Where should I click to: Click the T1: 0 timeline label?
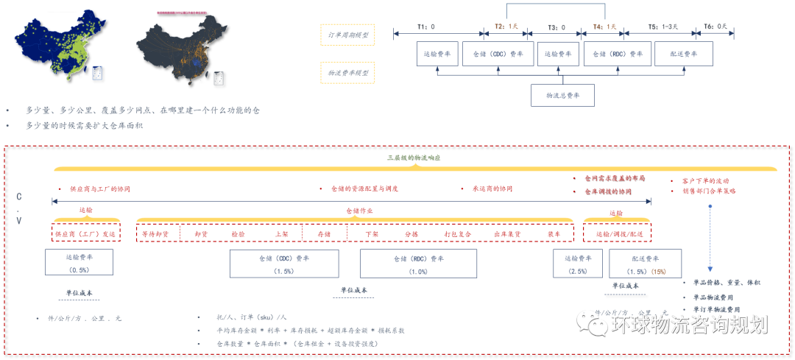(426, 27)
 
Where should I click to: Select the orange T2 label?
(506, 27)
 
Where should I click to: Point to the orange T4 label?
(604, 27)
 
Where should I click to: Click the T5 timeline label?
(660, 27)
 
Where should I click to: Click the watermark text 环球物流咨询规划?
(689, 324)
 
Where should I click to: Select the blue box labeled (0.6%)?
(79, 263)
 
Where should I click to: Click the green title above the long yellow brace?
(414, 158)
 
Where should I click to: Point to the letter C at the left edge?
(18, 197)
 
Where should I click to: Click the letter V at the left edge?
(18, 221)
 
